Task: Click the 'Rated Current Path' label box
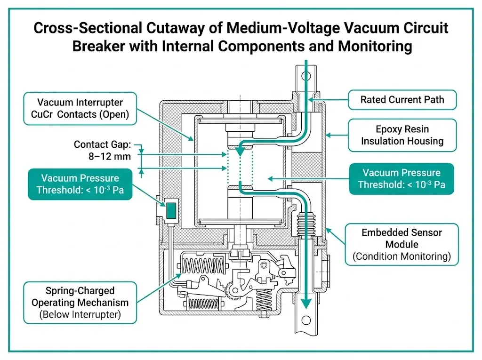click(x=402, y=99)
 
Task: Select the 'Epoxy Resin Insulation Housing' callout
click(x=402, y=135)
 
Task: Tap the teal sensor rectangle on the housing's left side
click(x=170, y=210)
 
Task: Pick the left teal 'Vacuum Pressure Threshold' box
click(x=80, y=184)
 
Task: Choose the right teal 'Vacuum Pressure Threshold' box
click(x=402, y=179)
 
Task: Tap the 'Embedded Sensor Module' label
click(x=402, y=238)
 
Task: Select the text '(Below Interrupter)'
click(x=80, y=314)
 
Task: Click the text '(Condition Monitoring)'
click(x=402, y=256)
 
